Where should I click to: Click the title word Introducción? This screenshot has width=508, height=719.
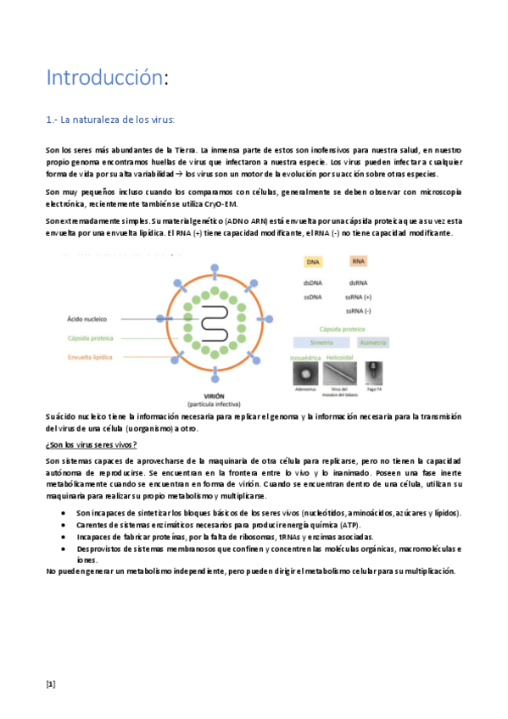click(x=103, y=78)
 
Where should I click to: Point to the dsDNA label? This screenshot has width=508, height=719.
click(x=313, y=283)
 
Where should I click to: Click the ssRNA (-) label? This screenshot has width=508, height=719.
click(x=359, y=311)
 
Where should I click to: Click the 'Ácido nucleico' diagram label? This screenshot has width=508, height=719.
click(x=87, y=320)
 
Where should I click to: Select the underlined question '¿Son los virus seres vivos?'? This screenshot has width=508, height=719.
click(x=92, y=445)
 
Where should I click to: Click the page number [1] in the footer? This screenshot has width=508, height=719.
click(x=50, y=684)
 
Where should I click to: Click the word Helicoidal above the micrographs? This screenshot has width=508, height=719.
click(x=350, y=359)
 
